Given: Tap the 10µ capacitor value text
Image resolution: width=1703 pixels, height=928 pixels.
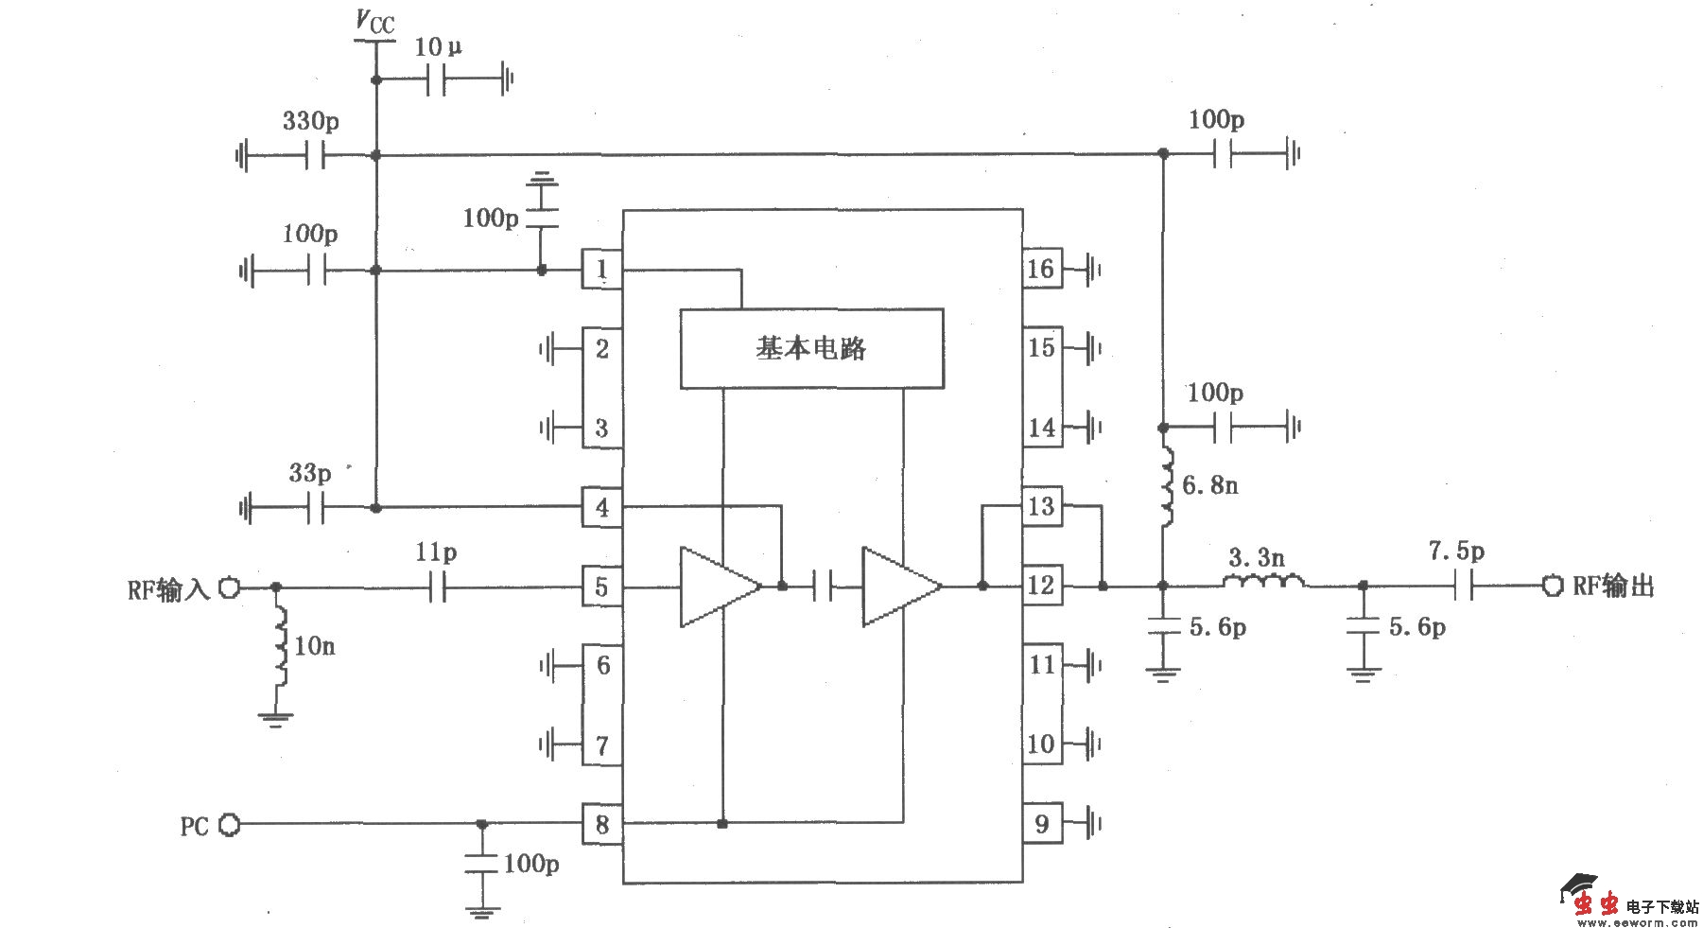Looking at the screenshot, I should [438, 46].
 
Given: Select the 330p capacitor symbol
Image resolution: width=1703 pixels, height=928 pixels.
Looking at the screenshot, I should [316, 155].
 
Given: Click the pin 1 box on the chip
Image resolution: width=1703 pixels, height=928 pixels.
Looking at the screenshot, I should [601, 271].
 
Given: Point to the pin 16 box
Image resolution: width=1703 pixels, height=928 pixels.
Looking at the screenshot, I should [1041, 270].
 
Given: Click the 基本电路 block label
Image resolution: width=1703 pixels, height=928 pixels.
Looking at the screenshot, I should [811, 348].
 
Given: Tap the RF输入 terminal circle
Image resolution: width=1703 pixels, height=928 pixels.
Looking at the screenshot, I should [229, 587].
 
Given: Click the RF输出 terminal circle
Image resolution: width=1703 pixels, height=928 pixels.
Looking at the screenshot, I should [1552, 586].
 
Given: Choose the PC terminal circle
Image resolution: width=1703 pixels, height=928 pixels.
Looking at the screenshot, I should [229, 825].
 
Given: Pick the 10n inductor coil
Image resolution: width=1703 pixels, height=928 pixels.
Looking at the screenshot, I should [281, 646].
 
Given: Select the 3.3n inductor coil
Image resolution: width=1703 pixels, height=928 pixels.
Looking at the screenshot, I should [1265, 582].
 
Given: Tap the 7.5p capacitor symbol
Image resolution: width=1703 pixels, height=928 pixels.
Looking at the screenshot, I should [1462, 586].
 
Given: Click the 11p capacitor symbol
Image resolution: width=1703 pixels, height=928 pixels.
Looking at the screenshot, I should [437, 587].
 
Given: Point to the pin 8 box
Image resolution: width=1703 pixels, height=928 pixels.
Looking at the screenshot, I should [601, 824].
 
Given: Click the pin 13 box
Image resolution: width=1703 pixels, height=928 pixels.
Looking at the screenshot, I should [1041, 507].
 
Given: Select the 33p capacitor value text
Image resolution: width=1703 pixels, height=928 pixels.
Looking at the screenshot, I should [310, 472].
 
